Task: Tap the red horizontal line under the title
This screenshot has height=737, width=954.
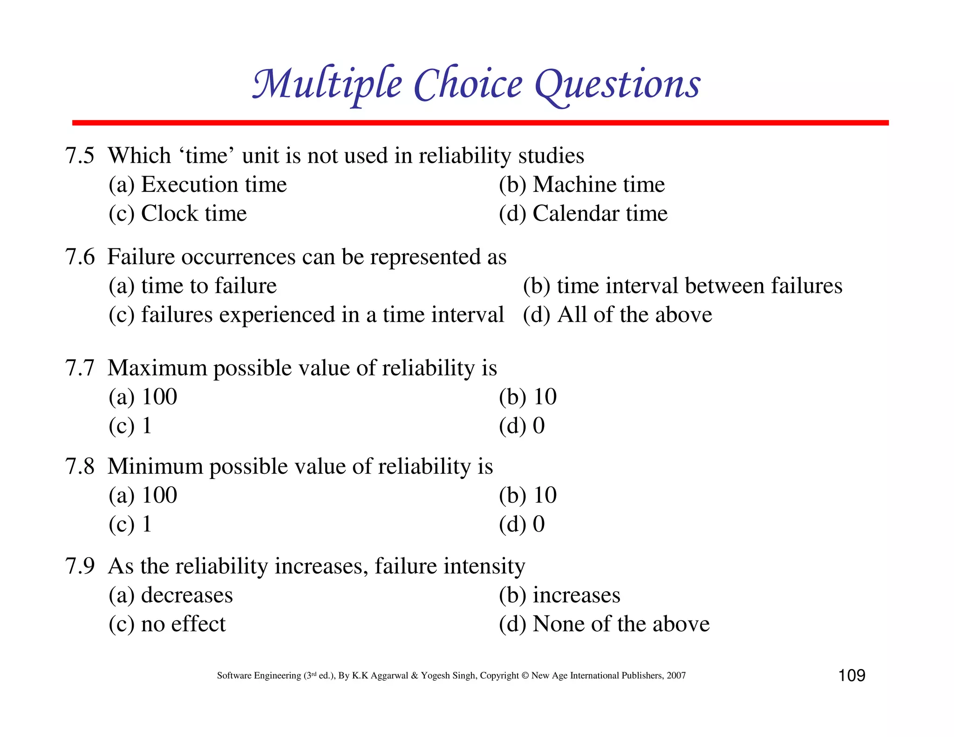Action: click(x=480, y=123)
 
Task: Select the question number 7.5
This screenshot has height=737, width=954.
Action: click(x=80, y=156)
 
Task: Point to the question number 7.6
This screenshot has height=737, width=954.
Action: click(x=80, y=257)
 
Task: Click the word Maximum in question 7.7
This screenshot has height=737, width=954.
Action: click(x=157, y=368)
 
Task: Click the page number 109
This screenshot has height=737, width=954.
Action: click(x=852, y=676)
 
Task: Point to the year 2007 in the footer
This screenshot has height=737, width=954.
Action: click(x=676, y=676)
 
